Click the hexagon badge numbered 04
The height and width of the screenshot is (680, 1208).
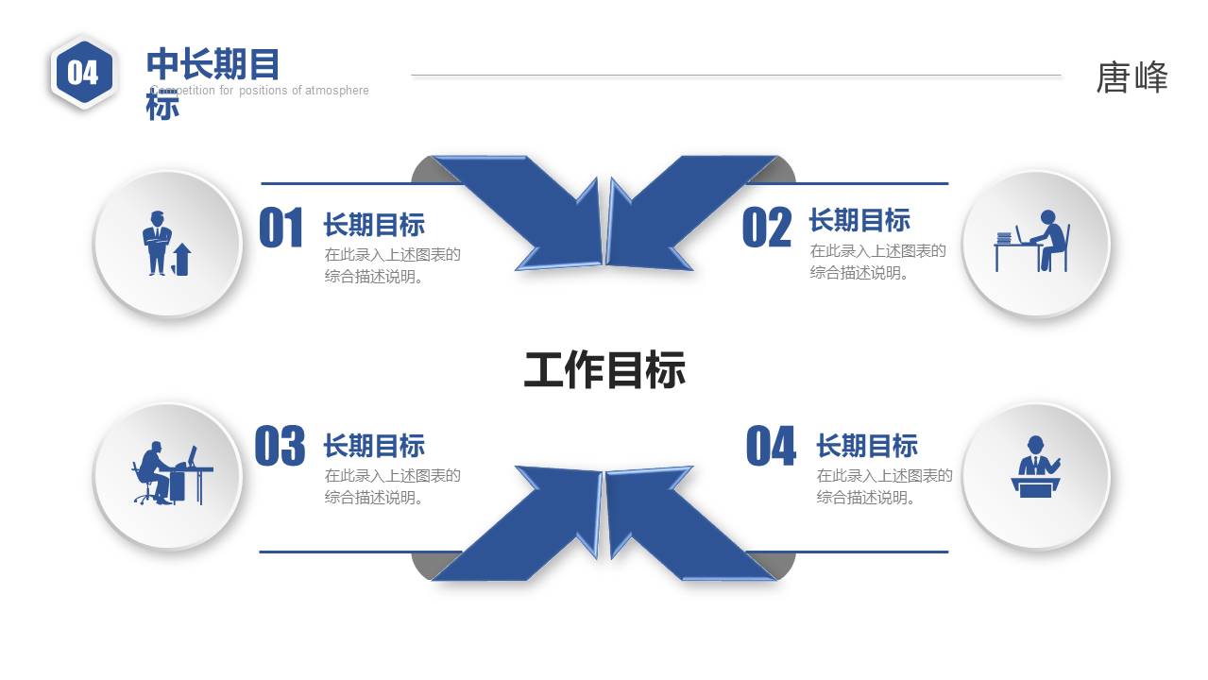83,73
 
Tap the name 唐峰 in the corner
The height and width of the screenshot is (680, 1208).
1131,77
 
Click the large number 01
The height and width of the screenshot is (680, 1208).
281,229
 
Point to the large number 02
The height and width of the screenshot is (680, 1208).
766,229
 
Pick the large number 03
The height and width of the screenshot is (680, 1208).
281,446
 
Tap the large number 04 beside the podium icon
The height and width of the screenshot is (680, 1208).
771,446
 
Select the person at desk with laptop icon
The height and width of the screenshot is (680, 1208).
1034,243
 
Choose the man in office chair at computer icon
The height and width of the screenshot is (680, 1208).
169,474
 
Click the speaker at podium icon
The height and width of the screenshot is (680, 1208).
1035,469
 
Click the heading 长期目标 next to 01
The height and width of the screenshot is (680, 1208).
374,225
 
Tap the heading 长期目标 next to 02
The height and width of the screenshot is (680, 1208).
859,220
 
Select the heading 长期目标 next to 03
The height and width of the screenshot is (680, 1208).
374,446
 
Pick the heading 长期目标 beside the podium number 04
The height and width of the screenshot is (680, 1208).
867,446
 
